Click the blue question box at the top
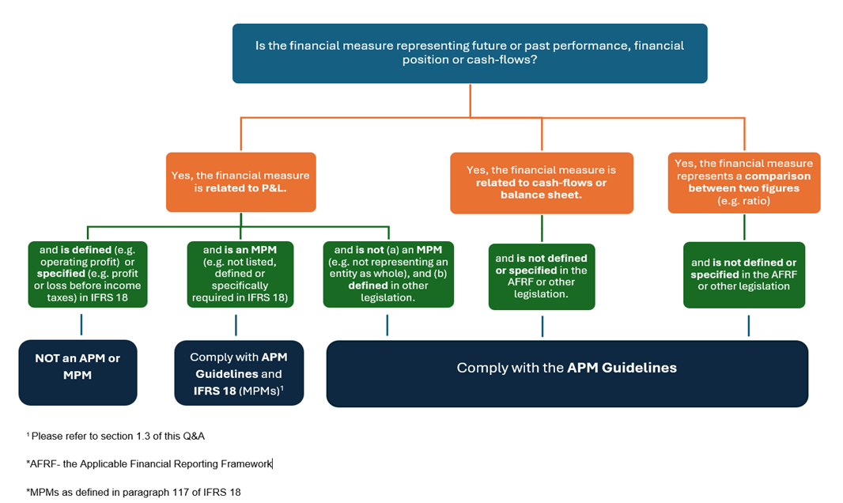[x=469, y=53]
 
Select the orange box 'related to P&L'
[x=240, y=182]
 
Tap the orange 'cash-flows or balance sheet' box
[x=541, y=183]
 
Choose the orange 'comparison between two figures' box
[x=743, y=183]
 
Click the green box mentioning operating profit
[x=85, y=274]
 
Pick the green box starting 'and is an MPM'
[x=240, y=274]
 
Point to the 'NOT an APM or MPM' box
[x=77, y=372]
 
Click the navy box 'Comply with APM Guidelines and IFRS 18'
[x=239, y=373]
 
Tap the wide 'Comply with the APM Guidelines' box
[x=567, y=373]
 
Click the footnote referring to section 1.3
[x=117, y=436]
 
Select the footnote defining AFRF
[x=149, y=463]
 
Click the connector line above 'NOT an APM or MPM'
[x=81, y=324]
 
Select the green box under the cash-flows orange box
[x=542, y=276]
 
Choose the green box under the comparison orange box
[x=743, y=274]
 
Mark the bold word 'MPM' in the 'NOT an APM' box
[x=77, y=375]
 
